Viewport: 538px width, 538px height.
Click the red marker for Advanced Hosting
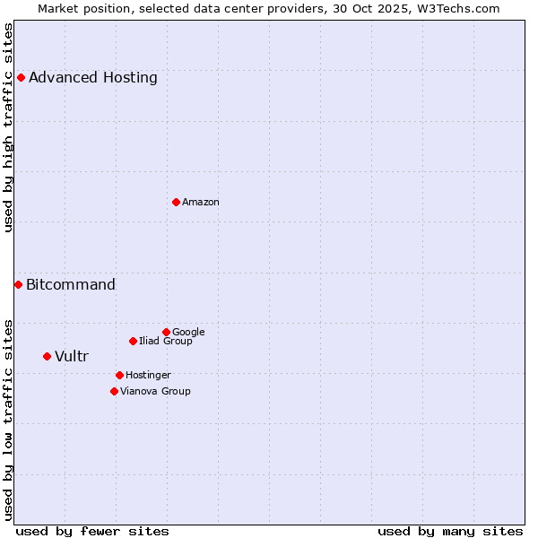21,77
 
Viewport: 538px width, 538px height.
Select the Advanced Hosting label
93,77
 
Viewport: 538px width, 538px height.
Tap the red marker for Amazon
176,202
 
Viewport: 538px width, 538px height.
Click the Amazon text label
201,202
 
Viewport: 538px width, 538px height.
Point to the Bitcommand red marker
18,284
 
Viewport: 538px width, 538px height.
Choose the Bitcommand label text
71,285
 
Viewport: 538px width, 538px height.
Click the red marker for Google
166,332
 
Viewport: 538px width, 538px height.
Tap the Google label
188,332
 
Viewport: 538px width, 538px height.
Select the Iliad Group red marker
133,341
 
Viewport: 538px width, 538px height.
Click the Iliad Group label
166,341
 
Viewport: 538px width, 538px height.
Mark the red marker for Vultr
47,356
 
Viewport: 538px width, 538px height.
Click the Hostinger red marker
119,375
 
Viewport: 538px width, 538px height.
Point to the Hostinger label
148,375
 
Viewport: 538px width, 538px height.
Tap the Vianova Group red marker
114,391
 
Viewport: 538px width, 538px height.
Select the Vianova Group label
155,391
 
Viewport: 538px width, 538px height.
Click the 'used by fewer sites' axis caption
92,531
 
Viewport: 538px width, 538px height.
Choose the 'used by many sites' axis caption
450,531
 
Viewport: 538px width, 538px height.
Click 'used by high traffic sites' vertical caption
9,127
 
